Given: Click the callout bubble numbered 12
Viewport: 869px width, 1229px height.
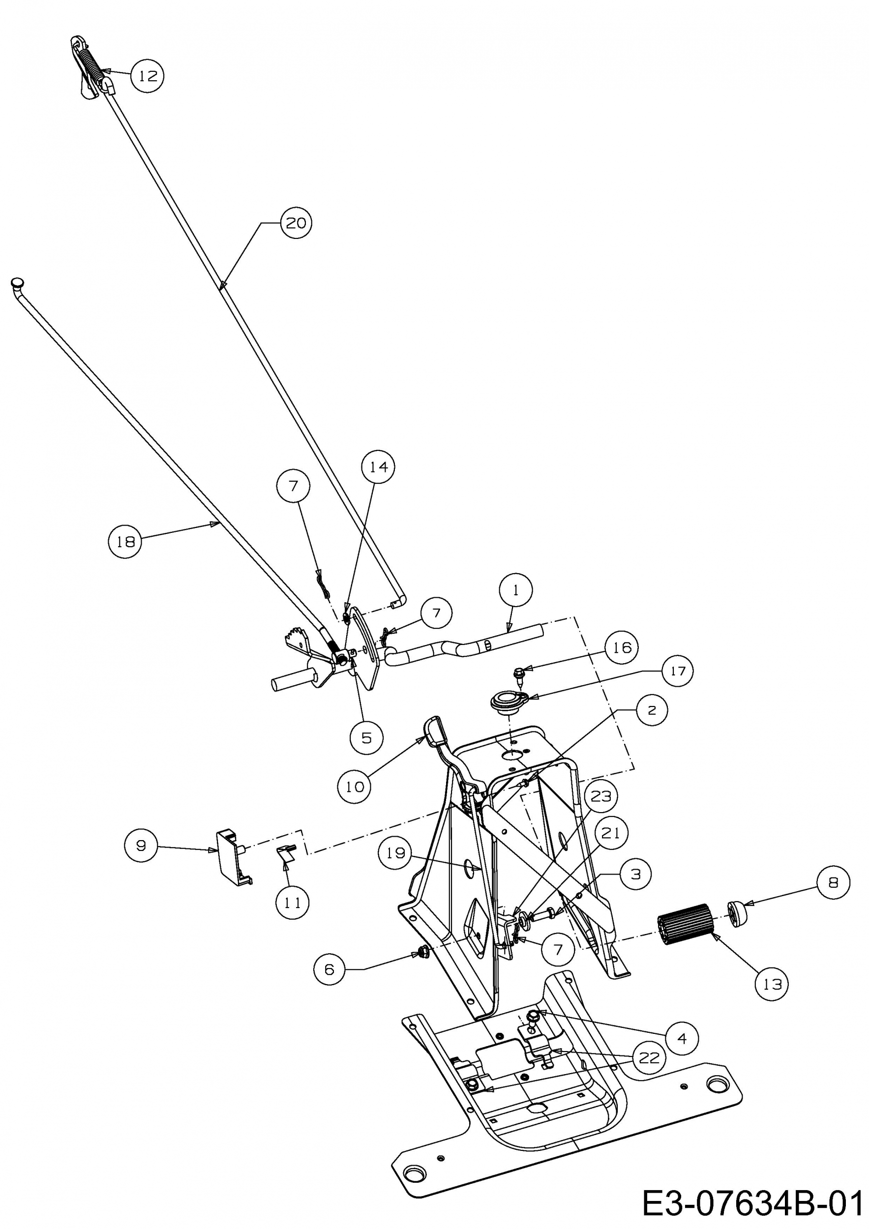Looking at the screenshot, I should click(147, 76).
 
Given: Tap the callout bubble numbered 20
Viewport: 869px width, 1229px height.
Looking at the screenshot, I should click(296, 223).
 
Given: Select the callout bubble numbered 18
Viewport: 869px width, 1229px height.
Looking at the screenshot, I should click(125, 542).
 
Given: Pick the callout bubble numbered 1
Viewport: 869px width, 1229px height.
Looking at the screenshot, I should click(515, 590).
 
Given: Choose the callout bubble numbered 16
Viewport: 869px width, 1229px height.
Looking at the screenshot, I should click(622, 648).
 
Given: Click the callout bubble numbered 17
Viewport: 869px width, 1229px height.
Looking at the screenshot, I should click(677, 671).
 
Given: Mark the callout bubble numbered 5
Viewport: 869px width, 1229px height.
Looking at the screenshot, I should click(366, 738).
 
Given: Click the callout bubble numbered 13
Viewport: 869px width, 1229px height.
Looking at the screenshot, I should click(772, 984).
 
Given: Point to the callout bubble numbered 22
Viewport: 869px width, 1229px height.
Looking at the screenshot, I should click(649, 1058).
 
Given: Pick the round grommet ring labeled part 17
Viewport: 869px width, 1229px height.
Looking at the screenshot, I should click(507, 701).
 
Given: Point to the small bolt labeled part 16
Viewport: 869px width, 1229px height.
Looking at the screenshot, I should click(519, 674).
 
